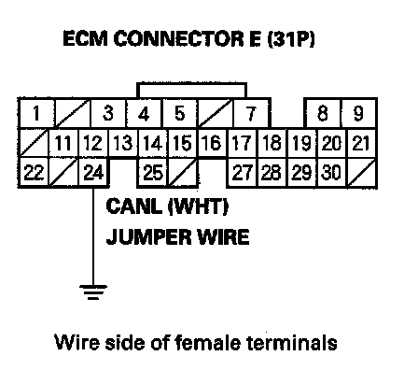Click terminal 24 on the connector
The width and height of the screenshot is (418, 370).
click(x=93, y=172)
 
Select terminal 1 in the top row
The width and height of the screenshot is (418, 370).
click(x=36, y=113)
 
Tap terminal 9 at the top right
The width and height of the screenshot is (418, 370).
click(x=359, y=113)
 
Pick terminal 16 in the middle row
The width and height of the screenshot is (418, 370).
click(x=213, y=143)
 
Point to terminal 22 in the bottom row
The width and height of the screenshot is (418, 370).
click(x=34, y=172)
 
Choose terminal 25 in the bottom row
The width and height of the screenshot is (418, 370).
click(x=153, y=172)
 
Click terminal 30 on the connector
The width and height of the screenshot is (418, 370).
click(x=331, y=172)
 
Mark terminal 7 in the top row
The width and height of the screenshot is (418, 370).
click(x=251, y=113)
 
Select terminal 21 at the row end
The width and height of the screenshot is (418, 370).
click(x=362, y=143)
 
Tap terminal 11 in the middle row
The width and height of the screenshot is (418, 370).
click(x=64, y=143)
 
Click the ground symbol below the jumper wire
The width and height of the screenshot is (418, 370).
click(x=93, y=292)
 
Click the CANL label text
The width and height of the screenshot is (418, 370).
click(x=134, y=206)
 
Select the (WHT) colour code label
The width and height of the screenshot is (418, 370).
click(x=199, y=206)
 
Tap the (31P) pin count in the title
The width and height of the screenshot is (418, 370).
click(x=291, y=39)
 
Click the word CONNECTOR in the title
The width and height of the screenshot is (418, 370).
click(x=178, y=39)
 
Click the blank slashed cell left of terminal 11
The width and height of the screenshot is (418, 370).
click(x=35, y=143)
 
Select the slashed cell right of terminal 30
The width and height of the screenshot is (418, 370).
click(x=362, y=172)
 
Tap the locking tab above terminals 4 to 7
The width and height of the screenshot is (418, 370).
click(x=191, y=91)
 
